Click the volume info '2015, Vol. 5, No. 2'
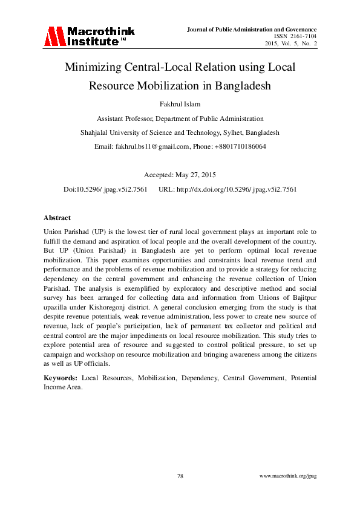click(291, 44)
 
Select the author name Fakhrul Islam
click(180, 104)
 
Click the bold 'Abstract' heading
click(57, 218)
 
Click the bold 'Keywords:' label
click(61, 378)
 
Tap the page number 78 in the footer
click(180, 476)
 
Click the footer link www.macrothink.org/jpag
click(287, 476)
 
